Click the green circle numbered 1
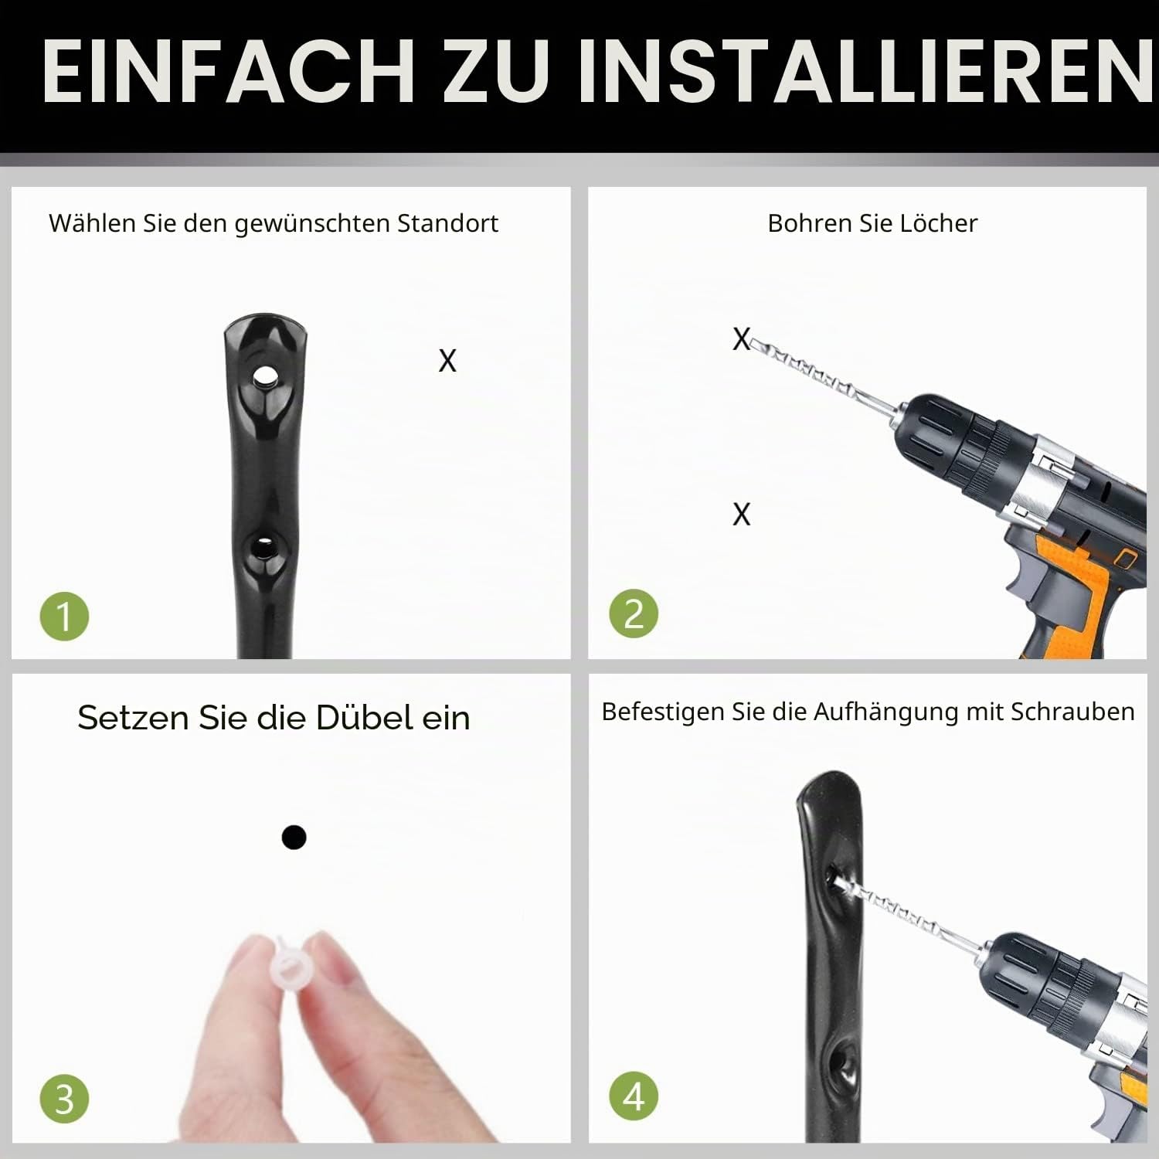pos(64,616)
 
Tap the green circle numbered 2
pos(634,614)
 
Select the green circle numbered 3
pos(64,1098)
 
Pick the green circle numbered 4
pos(634,1096)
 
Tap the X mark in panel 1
pos(447,361)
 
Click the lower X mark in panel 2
pos(741,514)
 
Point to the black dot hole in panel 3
pos(294,837)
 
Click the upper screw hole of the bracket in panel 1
pos(265,377)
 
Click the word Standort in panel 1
pos(447,223)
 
